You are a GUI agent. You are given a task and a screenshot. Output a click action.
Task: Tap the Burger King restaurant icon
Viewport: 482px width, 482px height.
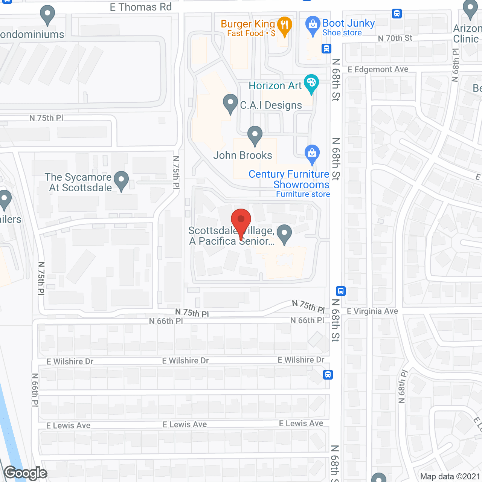tap(284, 26)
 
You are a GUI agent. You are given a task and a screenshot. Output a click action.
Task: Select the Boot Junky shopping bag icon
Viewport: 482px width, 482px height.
tap(313, 25)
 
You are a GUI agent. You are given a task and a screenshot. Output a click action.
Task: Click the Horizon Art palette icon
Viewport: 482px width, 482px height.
tap(311, 83)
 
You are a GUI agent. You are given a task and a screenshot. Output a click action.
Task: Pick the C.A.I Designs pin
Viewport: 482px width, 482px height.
tap(230, 103)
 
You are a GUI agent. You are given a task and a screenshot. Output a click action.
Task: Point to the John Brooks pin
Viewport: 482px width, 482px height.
tap(255, 135)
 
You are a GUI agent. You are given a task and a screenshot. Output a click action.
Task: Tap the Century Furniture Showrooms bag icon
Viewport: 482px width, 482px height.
tap(312, 154)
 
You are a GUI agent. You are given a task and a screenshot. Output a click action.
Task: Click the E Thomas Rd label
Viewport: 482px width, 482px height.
tap(140, 7)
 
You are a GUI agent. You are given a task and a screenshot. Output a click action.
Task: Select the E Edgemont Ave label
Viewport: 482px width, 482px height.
tap(378, 69)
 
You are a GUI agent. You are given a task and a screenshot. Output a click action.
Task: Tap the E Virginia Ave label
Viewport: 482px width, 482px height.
tap(372, 311)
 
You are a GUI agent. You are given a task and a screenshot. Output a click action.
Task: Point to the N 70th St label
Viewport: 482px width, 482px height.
tap(395, 38)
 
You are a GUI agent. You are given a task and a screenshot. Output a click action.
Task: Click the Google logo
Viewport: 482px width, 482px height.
tap(26, 473)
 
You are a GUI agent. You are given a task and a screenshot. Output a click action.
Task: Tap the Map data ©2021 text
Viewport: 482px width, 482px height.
tap(450, 476)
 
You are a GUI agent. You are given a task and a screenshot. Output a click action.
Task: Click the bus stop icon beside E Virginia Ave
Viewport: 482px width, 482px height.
tap(341, 291)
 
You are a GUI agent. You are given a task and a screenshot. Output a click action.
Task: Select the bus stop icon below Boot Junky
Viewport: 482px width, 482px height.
tap(326, 49)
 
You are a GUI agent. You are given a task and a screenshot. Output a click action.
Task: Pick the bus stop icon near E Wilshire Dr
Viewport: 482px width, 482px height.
tap(328, 375)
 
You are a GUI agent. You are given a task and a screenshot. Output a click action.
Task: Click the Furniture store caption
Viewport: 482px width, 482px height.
tap(303, 194)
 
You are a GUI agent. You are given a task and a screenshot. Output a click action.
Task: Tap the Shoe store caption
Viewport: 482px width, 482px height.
tap(342, 33)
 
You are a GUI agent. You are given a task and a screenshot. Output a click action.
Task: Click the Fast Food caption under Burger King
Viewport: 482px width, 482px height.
tap(245, 34)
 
